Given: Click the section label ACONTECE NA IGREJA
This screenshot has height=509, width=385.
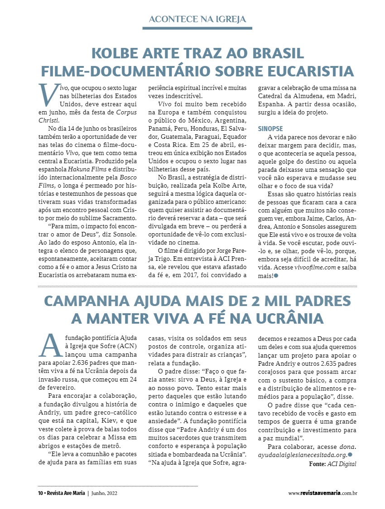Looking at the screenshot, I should (x=197, y=19).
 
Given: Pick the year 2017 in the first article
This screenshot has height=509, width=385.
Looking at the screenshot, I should (x=202, y=274).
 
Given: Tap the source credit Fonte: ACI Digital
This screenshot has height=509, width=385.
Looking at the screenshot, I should (x=332, y=464).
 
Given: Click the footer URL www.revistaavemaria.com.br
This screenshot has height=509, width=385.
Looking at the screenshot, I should (x=322, y=493).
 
